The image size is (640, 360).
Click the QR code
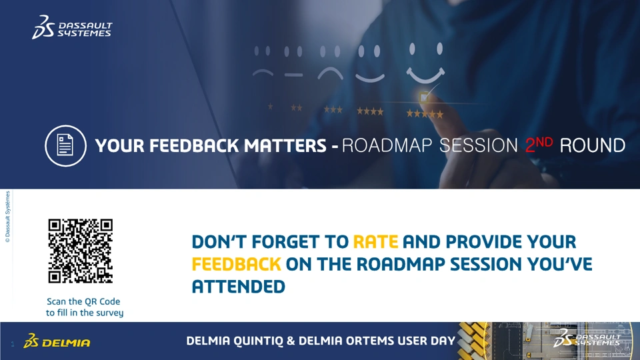(x=81, y=251)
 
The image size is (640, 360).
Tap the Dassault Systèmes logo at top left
(x=72, y=27)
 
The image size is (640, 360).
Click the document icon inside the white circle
(x=65, y=146)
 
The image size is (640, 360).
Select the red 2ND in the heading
(x=539, y=145)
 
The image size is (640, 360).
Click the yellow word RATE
(x=375, y=241)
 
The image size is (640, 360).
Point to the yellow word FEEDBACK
(x=236, y=264)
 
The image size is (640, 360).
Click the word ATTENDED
(x=239, y=287)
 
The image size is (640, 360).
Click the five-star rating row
(x=425, y=114)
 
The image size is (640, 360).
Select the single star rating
(x=270, y=107)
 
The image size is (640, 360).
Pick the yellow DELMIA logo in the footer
(x=57, y=341)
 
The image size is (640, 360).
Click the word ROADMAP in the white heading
(x=387, y=146)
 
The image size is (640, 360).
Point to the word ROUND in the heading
(x=592, y=146)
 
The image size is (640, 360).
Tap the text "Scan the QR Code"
(x=83, y=301)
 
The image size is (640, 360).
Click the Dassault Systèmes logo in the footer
(x=587, y=338)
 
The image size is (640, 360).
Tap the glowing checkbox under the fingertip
(x=424, y=97)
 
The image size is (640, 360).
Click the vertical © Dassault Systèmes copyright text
(x=7, y=217)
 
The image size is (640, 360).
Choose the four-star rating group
(x=370, y=111)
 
